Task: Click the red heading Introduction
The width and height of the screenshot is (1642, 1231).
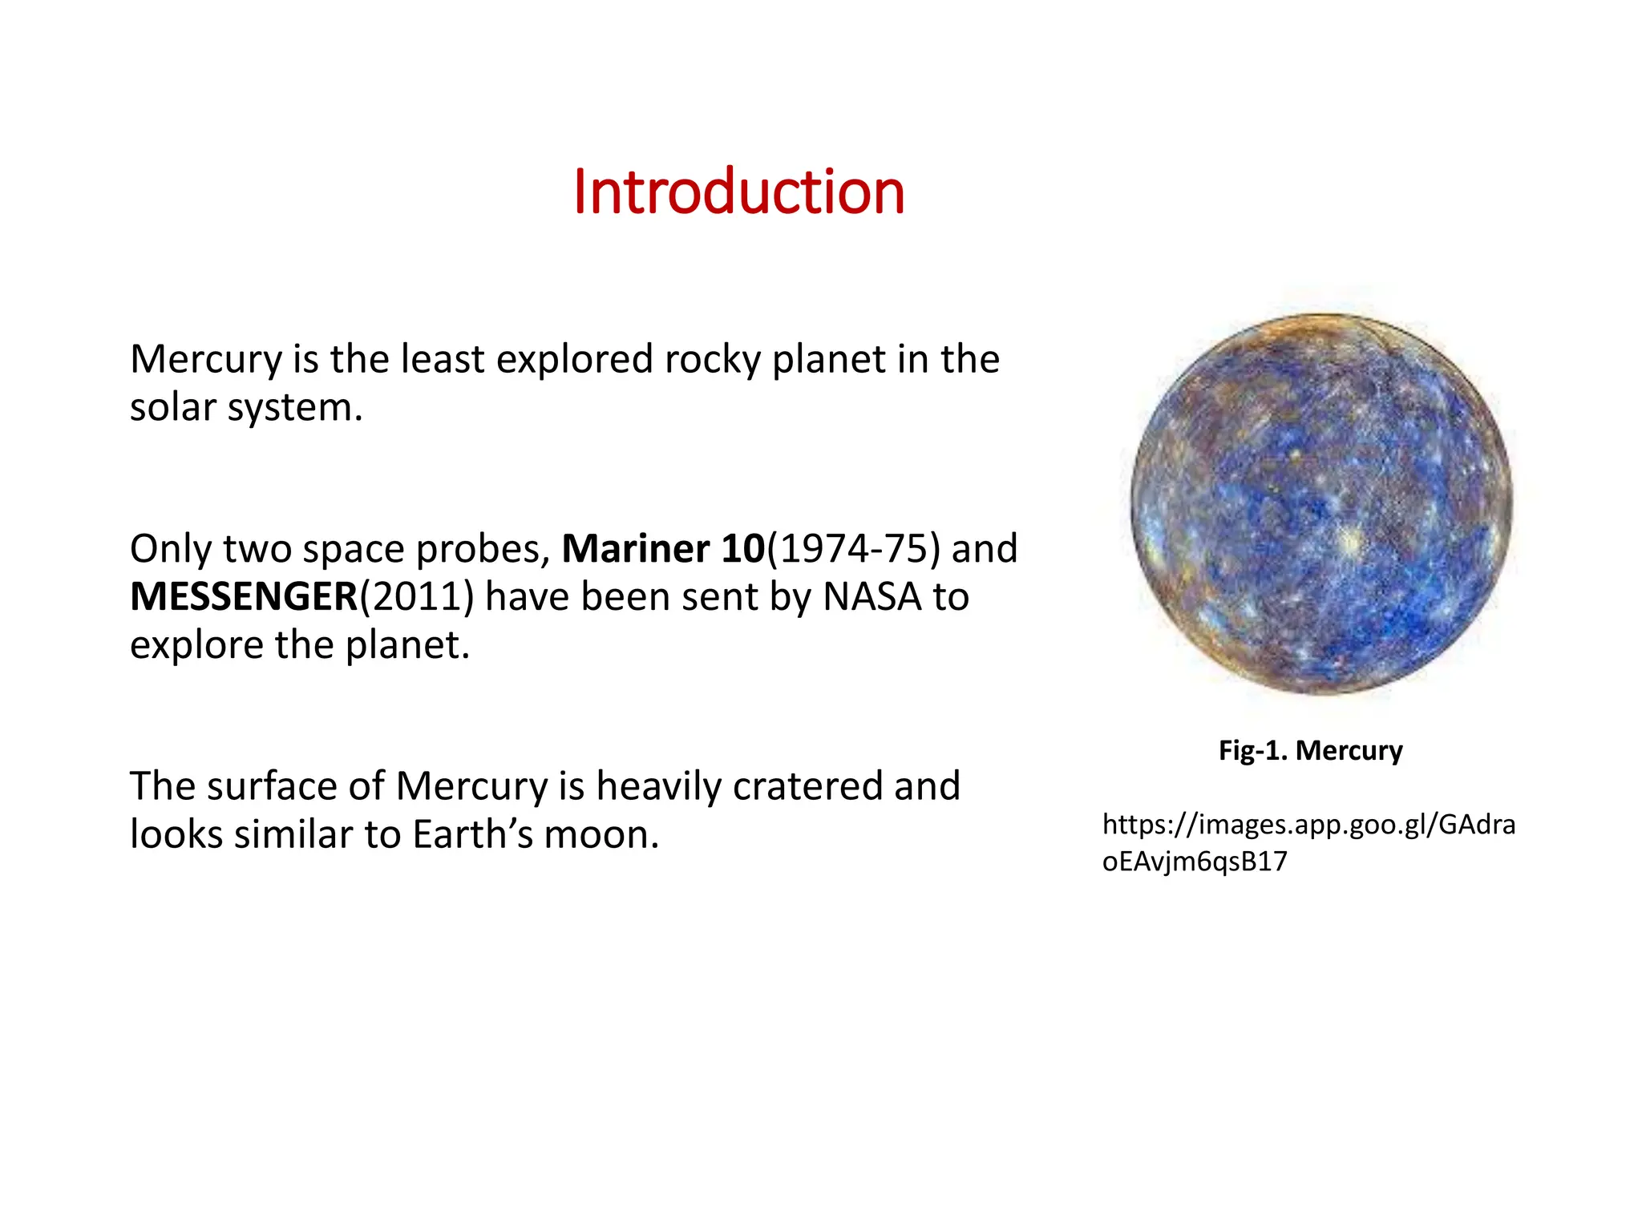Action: [x=738, y=192]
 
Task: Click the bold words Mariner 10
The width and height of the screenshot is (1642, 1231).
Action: [x=663, y=549]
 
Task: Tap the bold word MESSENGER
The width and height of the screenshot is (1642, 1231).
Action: [x=244, y=597]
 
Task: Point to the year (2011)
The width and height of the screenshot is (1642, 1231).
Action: [x=417, y=597]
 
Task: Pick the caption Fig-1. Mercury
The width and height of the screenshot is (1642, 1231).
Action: [x=1310, y=750]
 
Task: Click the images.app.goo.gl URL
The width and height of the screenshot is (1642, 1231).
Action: [x=1308, y=842]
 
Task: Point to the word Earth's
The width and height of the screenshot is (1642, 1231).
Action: [x=472, y=834]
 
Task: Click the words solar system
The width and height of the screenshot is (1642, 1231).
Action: [x=245, y=408]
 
